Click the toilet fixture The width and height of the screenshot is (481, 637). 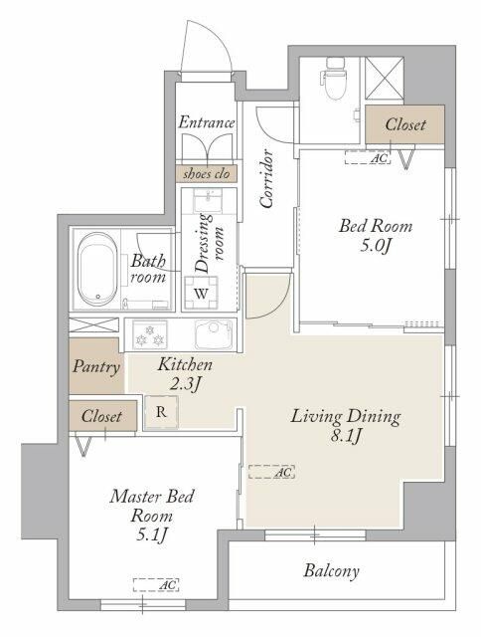(334, 79)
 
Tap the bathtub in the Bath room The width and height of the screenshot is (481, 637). (97, 269)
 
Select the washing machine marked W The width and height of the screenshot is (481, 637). (201, 293)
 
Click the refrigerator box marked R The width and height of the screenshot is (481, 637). (161, 412)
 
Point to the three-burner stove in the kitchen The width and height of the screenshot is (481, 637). (150, 335)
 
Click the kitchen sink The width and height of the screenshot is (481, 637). (214, 335)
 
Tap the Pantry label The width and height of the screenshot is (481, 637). (96, 367)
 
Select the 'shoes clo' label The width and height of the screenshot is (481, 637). (207, 174)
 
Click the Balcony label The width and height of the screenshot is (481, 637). (331, 570)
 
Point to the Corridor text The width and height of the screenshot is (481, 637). (266, 179)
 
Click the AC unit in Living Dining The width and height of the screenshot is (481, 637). (271, 472)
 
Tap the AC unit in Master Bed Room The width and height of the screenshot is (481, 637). (156, 585)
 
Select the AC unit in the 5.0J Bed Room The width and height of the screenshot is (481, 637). (368, 157)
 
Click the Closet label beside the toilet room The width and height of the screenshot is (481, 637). (405, 124)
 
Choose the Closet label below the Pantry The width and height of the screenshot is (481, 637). (101, 416)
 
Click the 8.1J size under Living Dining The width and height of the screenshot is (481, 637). (346, 437)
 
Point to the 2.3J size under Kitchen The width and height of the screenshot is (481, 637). (185, 384)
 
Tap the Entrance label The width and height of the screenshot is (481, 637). (207, 121)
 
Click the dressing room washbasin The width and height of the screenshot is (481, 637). (208, 200)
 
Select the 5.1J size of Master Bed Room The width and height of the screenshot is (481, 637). (152, 535)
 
